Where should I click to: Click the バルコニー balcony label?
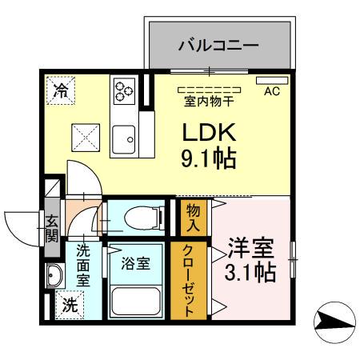[x=217, y=46]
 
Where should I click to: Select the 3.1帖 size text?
[x=250, y=272]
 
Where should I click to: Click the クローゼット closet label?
[x=190, y=279]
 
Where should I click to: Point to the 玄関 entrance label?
[x=51, y=228]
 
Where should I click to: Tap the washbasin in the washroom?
[x=55, y=277]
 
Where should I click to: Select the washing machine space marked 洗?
[x=70, y=305]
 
